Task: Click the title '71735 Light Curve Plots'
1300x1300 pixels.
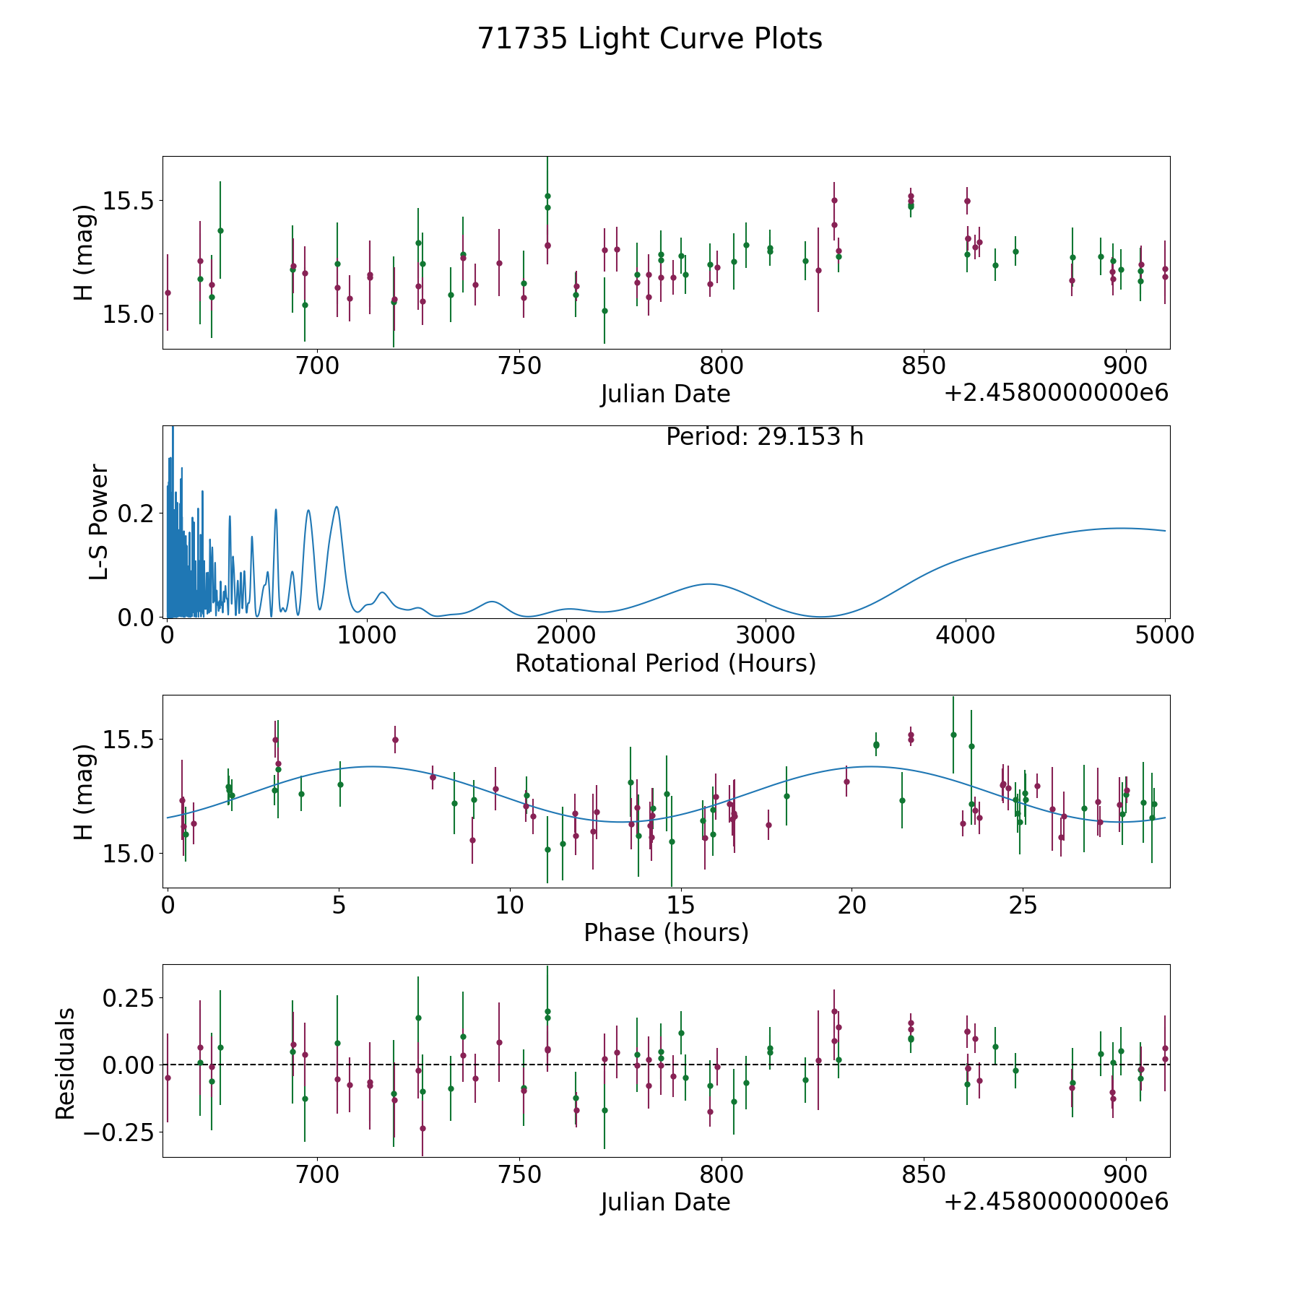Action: (650, 39)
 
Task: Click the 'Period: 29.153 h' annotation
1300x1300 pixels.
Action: (764, 437)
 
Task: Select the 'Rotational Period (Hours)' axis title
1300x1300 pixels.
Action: (665, 663)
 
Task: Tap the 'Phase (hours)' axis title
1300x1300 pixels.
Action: (666, 932)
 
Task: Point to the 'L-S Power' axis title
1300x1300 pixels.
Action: (99, 521)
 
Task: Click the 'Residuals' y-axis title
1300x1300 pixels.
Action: (66, 1063)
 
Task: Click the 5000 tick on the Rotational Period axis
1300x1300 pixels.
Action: (1165, 636)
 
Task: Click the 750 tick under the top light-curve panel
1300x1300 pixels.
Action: (520, 366)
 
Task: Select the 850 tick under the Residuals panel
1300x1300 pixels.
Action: (924, 1175)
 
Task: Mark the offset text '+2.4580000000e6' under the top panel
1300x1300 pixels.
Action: (1056, 393)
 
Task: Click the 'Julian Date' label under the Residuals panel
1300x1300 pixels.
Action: (665, 1202)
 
